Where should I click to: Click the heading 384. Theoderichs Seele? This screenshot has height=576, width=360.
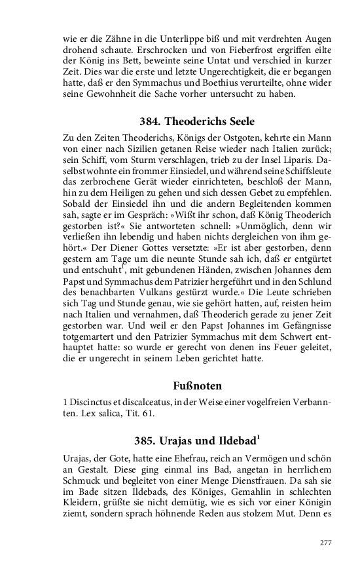[x=197, y=121]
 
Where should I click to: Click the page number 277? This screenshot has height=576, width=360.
[x=325, y=543]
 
